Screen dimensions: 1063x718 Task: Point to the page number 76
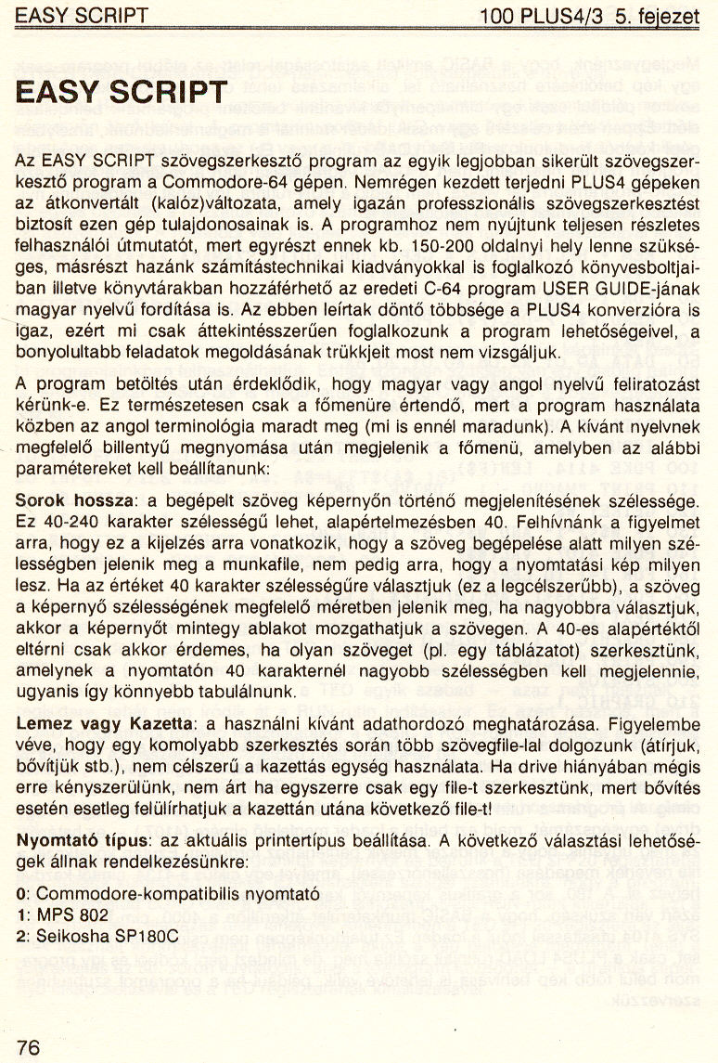pyautogui.click(x=29, y=1046)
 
